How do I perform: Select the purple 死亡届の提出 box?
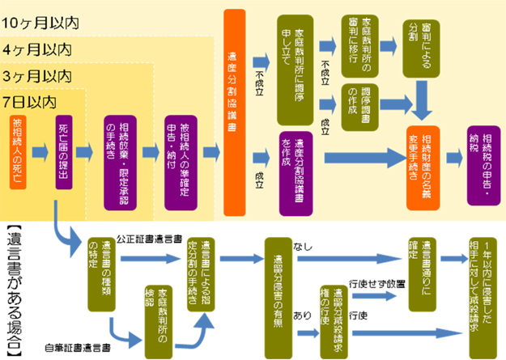coord(66,151)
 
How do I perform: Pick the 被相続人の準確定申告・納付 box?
coord(185,151)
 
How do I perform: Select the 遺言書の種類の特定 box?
coord(105,273)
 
